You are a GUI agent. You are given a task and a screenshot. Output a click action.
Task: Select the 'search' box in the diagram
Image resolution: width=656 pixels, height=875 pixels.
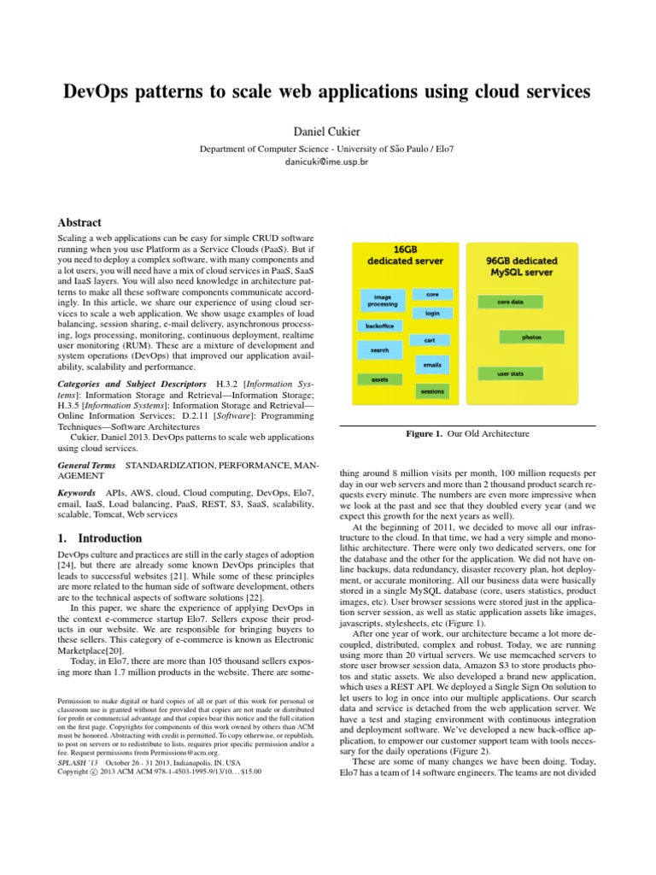[x=379, y=350]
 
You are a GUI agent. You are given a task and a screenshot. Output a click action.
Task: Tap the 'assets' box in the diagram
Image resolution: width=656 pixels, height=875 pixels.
[x=379, y=379]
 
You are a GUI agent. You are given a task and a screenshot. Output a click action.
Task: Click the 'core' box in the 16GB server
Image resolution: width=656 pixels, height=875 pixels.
[x=432, y=294]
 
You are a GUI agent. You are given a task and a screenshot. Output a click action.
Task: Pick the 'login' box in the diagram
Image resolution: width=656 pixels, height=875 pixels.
[x=432, y=314]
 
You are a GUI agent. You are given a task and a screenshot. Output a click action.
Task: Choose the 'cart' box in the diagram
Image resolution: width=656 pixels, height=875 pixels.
[x=430, y=340]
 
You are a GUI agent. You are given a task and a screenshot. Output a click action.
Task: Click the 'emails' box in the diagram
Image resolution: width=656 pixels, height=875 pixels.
[x=432, y=365]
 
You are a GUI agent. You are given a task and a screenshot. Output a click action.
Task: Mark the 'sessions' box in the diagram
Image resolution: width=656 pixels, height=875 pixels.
[x=432, y=391]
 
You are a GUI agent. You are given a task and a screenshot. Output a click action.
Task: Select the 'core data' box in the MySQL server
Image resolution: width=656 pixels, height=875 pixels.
[x=510, y=302]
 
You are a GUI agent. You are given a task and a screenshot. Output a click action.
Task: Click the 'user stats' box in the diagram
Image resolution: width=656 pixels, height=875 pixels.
[x=511, y=373]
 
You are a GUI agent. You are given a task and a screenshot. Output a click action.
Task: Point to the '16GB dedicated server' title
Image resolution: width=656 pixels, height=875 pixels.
[x=405, y=254]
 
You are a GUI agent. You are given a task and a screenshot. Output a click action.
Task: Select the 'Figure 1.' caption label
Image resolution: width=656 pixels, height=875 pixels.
[x=425, y=434]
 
